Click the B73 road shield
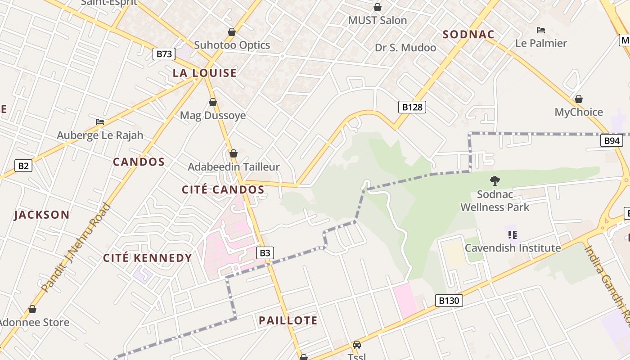coord(164,54)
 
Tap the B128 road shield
coord(412,107)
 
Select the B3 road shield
coord(265,253)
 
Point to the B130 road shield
coord(449,301)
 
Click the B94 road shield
coord(612,141)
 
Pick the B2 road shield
coord(23,166)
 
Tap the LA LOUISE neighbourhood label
coord(205,73)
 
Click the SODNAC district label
coord(468,35)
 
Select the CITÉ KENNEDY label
coord(148,258)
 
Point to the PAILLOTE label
coord(288,320)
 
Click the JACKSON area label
coord(42,215)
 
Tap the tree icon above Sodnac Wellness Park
coord(495,181)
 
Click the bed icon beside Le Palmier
coord(541,30)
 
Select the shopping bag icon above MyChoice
coord(579,99)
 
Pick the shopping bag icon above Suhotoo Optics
coord(232,32)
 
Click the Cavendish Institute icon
coord(512,234)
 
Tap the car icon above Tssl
coord(357,345)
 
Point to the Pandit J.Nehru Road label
coord(75,247)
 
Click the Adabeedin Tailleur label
coord(234,167)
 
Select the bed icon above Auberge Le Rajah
coord(100,122)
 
